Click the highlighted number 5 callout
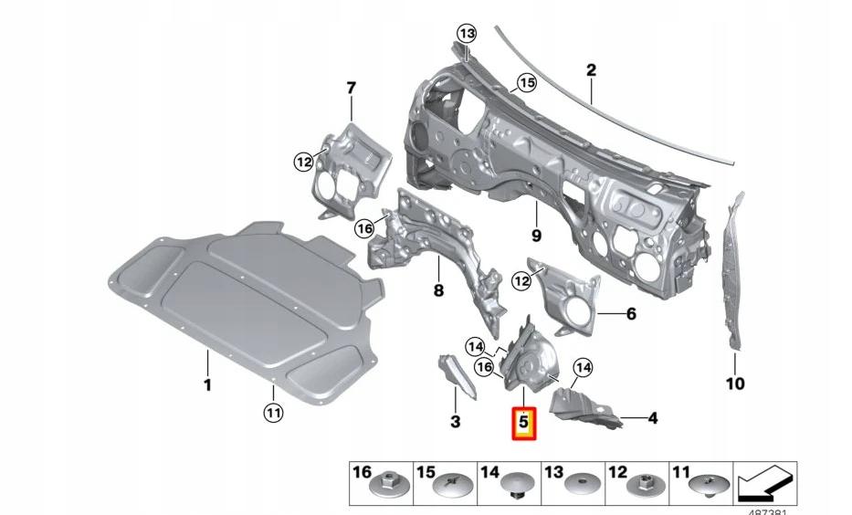tap(524, 423)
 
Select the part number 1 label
tap(207, 385)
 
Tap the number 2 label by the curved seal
tap(591, 70)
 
